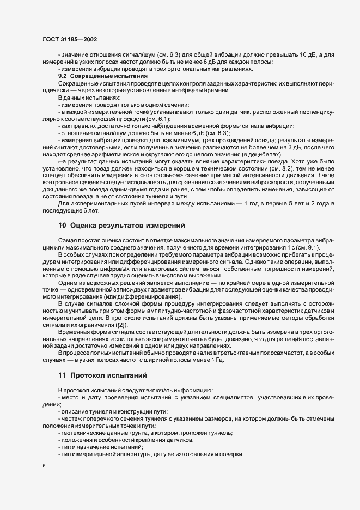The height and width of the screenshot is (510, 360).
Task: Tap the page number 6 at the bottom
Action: [x=44, y=466]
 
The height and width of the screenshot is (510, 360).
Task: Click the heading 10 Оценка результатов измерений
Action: [x=122, y=225]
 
